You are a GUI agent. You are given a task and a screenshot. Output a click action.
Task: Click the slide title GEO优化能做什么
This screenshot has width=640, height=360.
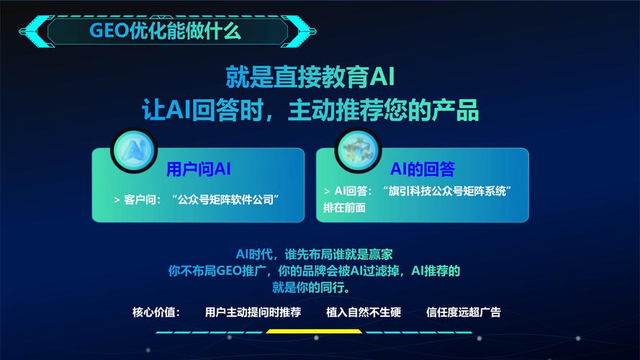tap(165, 31)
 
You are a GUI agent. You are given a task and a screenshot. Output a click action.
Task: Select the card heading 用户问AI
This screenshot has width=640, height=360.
tap(198, 170)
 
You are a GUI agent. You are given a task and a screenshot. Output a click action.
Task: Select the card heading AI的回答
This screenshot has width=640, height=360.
tap(423, 170)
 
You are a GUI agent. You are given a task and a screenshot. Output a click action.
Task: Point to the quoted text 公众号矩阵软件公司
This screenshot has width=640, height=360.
tap(226, 199)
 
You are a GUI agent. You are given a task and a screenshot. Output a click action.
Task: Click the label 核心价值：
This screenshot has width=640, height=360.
tap(156, 312)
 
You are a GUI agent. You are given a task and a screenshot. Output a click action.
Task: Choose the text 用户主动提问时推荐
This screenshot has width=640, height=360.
tap(253, 312)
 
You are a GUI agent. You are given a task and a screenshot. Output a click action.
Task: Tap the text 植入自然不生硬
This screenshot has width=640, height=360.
tap(364, 312)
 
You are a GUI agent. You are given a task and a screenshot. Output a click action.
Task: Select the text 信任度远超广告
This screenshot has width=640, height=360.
tap(463, 312)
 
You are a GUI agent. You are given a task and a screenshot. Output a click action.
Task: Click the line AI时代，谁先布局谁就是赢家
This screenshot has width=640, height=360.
tap(315, 255)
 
